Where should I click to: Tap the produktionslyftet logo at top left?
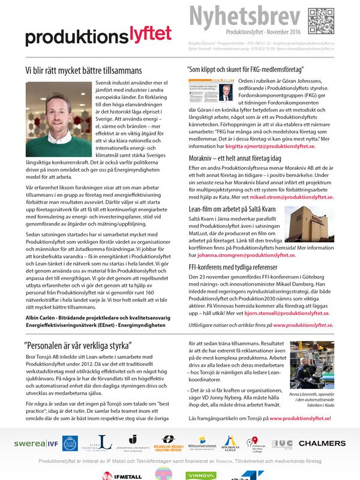[x=98, y=35]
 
